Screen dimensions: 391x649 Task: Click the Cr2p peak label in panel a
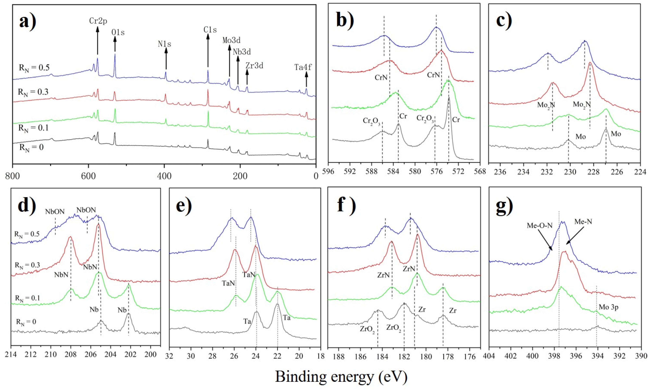tap(98, 21)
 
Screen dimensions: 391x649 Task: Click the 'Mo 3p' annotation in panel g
tap(608, 307)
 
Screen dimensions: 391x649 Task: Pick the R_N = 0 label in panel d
tap(26, 322)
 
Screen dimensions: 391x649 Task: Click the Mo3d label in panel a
tap(231, 40)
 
